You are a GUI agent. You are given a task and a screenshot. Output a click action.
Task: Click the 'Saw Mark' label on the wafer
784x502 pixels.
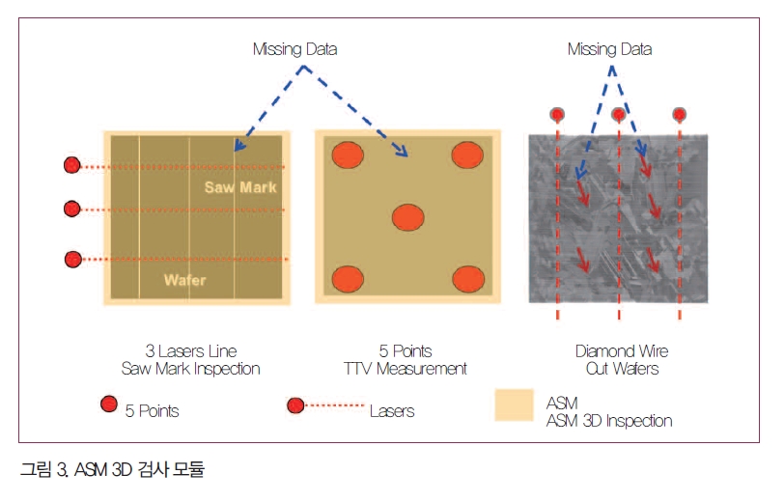pos(240,187)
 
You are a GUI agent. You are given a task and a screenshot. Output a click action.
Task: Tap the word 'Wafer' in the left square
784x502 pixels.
pos(185,280)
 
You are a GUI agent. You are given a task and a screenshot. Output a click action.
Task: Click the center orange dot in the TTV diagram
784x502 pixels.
pos(408,217)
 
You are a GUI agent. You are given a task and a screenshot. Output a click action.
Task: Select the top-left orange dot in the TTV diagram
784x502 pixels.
pos(348,154)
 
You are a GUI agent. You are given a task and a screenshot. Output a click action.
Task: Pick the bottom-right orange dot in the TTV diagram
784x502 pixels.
pos(468,279)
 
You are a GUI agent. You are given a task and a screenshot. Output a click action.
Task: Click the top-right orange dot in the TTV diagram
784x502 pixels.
pos(467,154)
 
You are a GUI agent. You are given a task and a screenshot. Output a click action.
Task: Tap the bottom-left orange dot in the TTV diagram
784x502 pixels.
pos(348,279)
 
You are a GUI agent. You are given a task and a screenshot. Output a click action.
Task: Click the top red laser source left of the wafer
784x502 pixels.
pos(72,165)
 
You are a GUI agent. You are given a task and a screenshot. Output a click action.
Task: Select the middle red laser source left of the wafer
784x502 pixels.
pos(72,209)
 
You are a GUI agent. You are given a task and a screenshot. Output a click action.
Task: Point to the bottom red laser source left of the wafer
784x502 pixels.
pos(73,259)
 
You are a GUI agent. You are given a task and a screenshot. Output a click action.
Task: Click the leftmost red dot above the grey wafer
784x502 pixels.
pos(557,115)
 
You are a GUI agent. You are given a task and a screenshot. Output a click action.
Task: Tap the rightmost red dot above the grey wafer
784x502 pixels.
pos(679,115)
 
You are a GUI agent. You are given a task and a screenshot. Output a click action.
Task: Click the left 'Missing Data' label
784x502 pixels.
pos(295,49)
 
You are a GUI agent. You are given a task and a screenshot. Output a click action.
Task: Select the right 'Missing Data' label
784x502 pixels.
pos(609,49)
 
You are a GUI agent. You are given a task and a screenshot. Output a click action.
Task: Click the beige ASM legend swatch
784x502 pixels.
pos(514,405)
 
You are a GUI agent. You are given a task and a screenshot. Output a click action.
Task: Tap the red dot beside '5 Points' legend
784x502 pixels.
pos(108,404)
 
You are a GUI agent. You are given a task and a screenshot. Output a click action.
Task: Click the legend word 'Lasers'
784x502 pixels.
pos(392,411)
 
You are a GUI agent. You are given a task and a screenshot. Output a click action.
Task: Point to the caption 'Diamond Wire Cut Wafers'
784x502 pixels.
pos(622,360)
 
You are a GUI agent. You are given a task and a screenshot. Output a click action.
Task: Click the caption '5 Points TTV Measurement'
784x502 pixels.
pos(405,360)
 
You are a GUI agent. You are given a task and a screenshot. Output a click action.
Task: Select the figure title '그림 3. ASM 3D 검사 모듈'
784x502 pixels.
pos(113,469)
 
